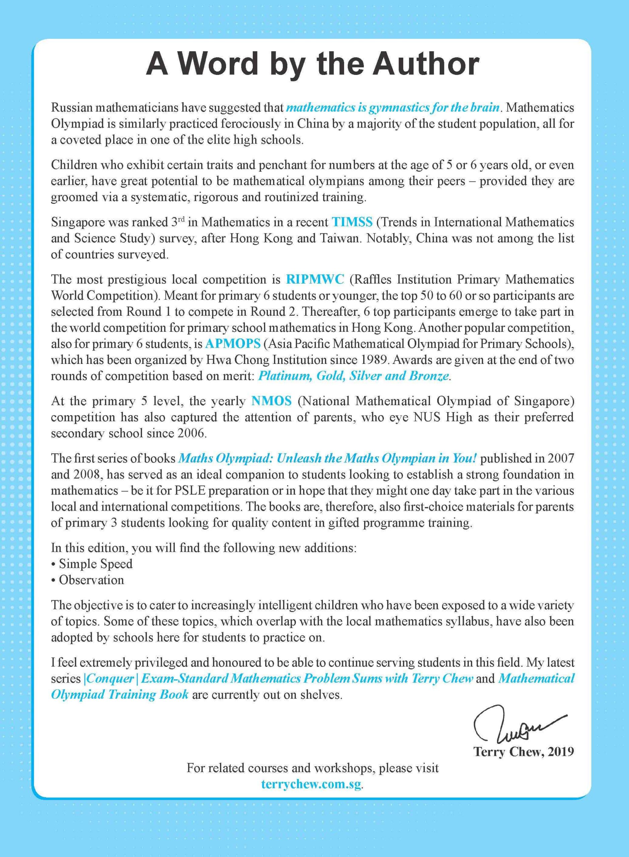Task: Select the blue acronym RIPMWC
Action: [x=315, y=279]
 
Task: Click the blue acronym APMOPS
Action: [x=233, y=344]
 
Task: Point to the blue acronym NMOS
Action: [x=272, y=401]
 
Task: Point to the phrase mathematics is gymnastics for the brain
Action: [x=393, y=108]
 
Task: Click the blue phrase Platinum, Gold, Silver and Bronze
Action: [x=353, y=376]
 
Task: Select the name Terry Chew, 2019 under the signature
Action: [x=523, y=752]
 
